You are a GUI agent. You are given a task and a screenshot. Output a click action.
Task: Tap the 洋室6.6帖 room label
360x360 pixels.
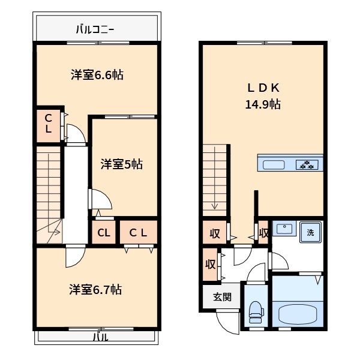97,75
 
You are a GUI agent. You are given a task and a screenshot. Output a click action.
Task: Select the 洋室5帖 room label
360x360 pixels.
121,163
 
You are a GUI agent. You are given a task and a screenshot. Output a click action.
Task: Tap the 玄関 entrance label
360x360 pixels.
222,297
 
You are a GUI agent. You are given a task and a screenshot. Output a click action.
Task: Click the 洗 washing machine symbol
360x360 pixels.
310,232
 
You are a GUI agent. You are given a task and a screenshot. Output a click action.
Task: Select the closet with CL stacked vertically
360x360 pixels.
48,124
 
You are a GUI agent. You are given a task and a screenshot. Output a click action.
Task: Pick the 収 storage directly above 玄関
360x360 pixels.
211,264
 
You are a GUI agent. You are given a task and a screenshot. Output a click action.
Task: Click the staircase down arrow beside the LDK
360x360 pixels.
214,206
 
